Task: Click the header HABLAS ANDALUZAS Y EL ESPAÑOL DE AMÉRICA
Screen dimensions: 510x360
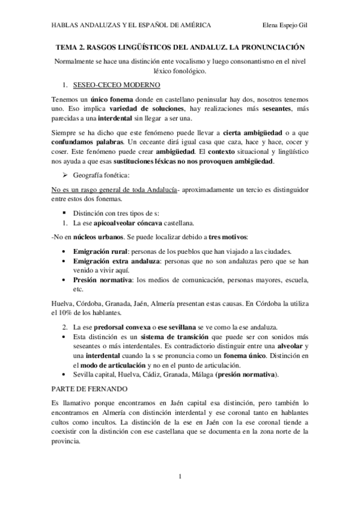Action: pos(131,25)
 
